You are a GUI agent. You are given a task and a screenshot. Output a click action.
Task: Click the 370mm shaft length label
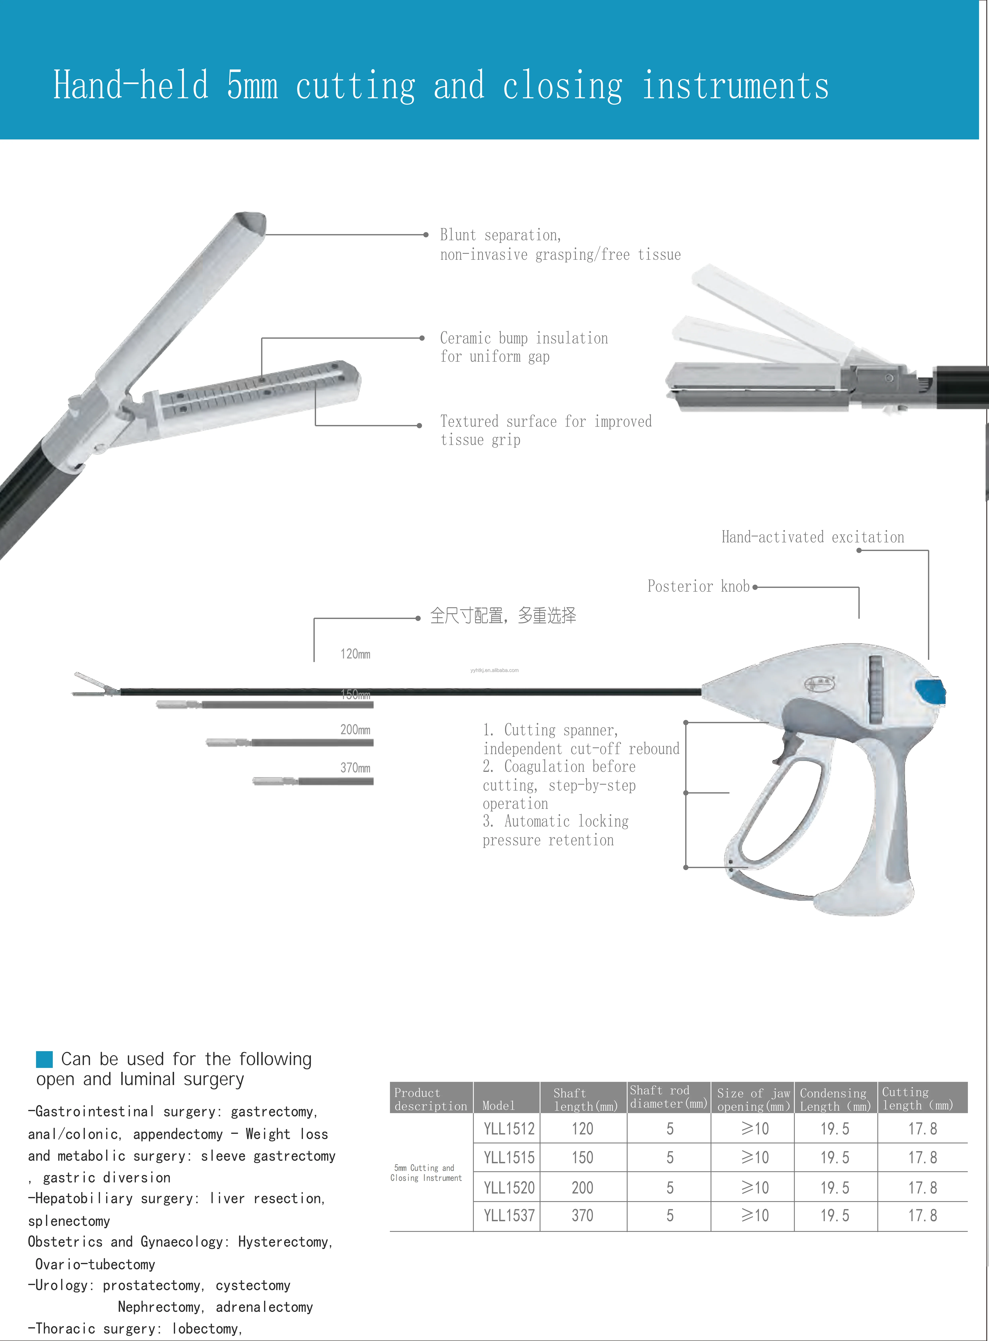[355, 768]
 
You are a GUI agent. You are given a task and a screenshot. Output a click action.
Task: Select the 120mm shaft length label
[355, 654]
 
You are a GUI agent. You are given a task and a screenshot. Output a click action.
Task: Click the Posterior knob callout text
[698, 586]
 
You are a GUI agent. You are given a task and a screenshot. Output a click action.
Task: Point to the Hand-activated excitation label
[812, 537]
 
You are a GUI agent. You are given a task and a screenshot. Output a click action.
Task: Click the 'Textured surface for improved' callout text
[545, 422]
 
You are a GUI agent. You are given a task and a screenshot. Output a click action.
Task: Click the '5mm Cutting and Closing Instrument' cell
[426, 1172]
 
